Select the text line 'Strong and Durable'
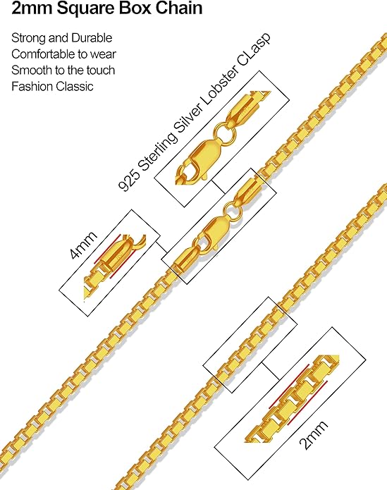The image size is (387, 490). [x=62, y=38]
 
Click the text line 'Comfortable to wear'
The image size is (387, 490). [x=63, y=54]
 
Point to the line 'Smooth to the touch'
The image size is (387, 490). [x=63, y=70]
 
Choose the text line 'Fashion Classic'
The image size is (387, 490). [x=52, y=86]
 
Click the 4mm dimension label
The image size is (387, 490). [x=83, y=245]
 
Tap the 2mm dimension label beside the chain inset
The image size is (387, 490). [x=313, y=434]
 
